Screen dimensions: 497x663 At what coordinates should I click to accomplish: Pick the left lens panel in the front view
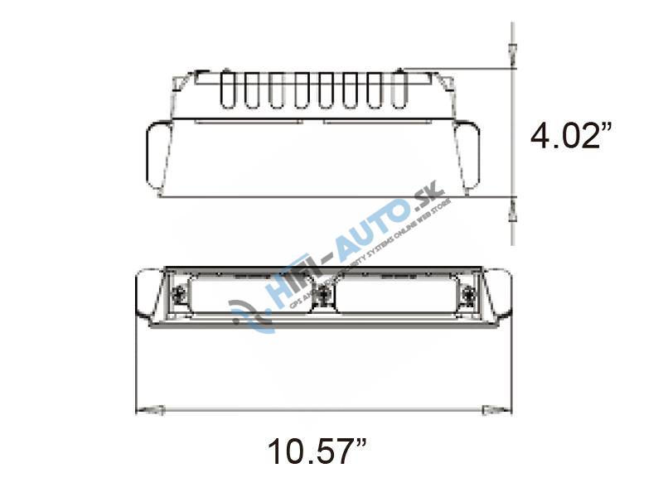coord(249,296)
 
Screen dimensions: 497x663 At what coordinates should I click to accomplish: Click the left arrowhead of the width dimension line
coord(149,408)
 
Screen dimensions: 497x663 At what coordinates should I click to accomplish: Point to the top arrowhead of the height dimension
coord(512,54)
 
